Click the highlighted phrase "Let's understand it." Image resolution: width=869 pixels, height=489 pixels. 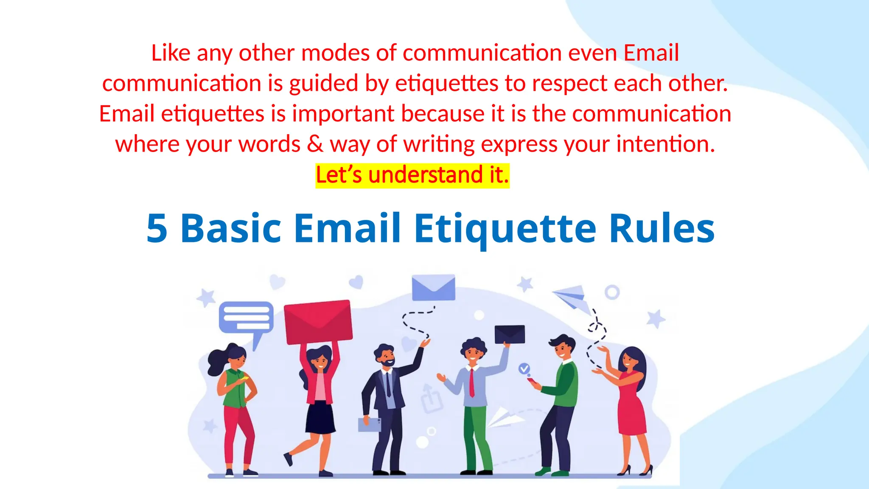tap(412, 175)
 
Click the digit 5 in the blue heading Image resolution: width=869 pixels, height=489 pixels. tap(157, 229)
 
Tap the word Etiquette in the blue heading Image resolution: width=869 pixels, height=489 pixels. tap(505, 229)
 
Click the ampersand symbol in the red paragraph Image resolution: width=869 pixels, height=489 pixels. tap(314, 144)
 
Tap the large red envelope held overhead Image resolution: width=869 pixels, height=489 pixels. tap(318, 321)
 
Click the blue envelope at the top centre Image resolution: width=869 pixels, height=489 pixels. tap(433, 287)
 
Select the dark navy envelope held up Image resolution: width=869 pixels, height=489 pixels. tap(510, 334)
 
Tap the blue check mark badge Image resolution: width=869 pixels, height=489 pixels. tap(524, 368)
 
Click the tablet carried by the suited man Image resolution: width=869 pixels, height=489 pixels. tap(369, 424)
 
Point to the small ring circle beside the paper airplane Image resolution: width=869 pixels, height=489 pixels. tap(612, 292)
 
